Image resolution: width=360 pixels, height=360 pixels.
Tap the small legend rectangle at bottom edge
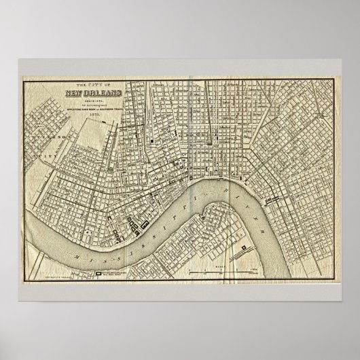[x=97, y=274]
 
